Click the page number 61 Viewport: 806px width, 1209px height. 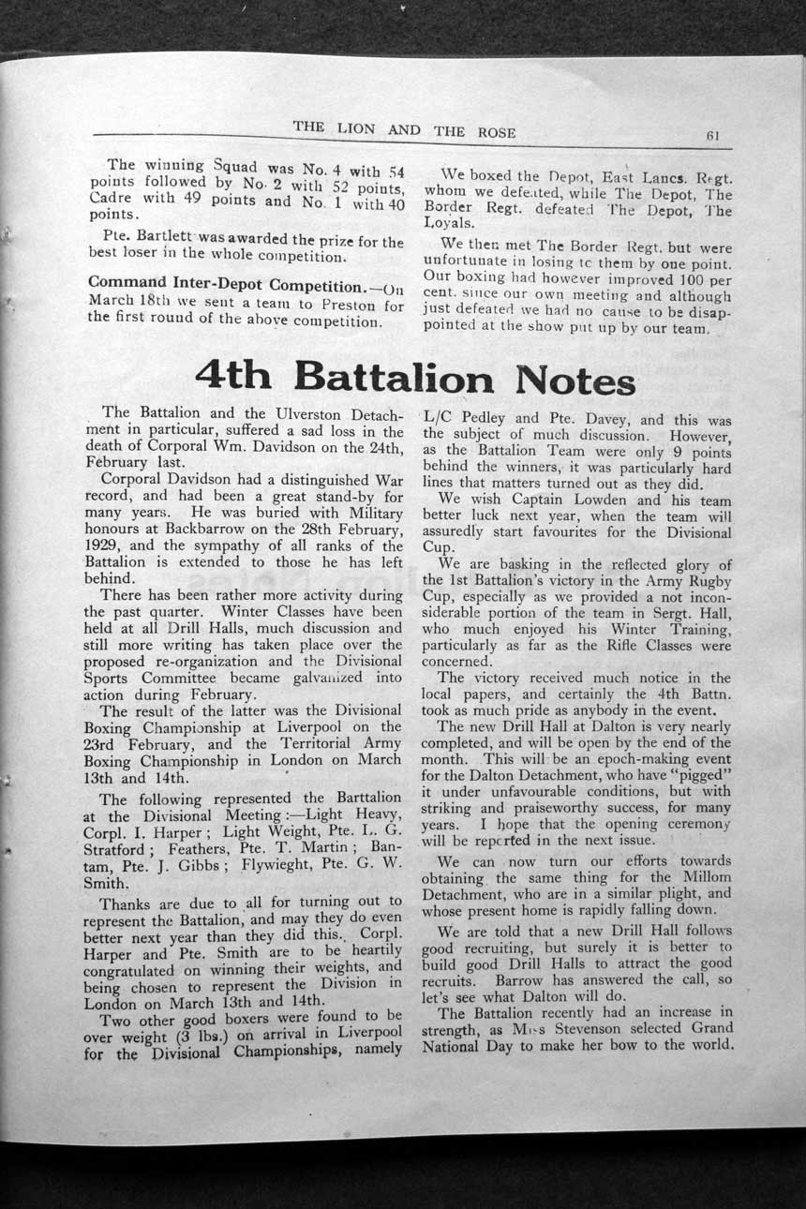tap(712, 134)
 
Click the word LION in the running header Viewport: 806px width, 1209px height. tap(356, 129)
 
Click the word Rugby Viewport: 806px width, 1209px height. tap(708, 580)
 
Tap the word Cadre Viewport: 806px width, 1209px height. tap(112, 199)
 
